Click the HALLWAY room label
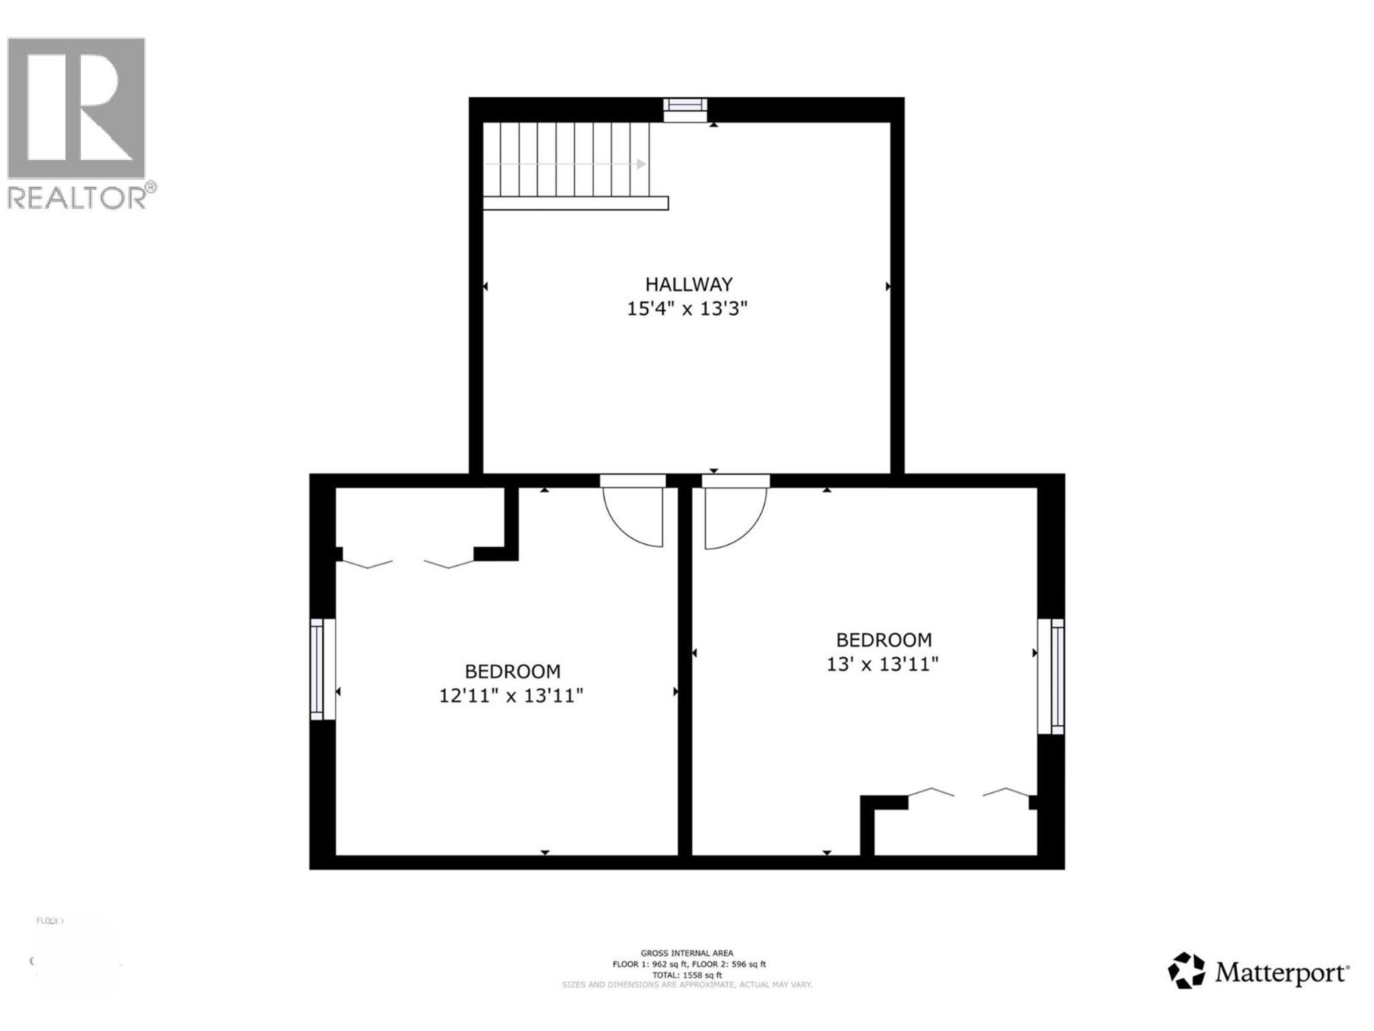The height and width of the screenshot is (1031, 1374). (688, 285)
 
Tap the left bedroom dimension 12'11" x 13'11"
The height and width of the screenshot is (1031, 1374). (511, 696)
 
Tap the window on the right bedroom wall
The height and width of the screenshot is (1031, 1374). (1052, 676)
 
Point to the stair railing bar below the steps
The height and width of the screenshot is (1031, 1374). (575, 203)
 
